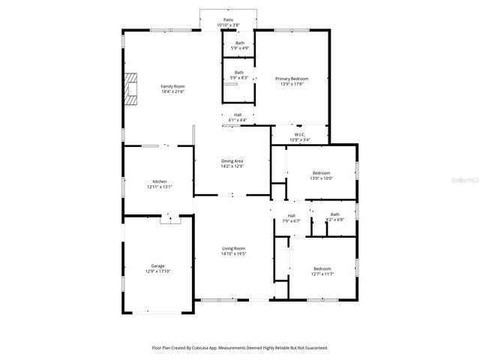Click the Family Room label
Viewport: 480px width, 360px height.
[172, 86]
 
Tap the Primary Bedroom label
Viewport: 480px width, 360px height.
[291, 79]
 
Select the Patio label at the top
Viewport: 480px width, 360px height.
[228, 20]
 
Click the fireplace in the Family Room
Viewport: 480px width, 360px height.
[133, 87]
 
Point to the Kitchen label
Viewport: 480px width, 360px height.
[159, 181]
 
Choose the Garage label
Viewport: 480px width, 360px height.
[157, 266]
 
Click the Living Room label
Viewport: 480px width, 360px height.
[233, 248]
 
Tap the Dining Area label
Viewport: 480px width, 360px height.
[232, 161]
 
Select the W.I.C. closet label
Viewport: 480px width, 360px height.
[298, 134]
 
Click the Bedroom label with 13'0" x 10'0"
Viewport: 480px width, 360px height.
[321, 172]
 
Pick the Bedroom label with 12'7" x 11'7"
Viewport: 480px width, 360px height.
[322, 268]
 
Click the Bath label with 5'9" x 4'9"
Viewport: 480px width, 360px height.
[239, 43]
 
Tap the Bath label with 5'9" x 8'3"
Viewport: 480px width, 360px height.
[238, 73]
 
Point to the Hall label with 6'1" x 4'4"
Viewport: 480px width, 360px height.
[237, 115]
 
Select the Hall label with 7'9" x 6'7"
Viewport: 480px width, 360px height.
[291, 216]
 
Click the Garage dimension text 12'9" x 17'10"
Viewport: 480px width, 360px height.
[157, 271]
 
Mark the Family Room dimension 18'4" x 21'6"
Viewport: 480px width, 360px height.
[172, 91]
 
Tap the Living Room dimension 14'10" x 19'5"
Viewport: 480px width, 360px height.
[233, 253]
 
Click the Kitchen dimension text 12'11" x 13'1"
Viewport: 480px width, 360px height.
[159, 187]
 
